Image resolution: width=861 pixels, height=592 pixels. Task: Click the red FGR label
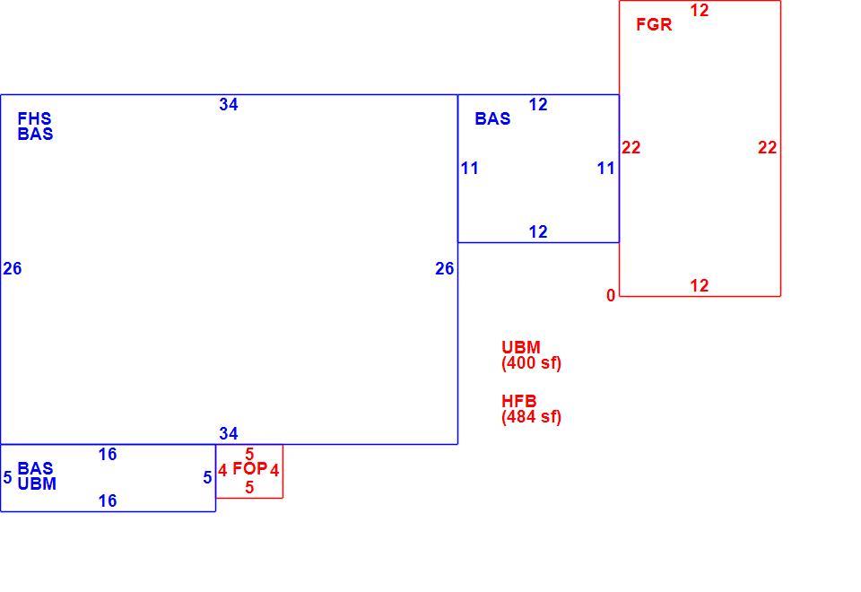coord(654,24)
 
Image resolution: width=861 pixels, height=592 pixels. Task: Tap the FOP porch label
coord(250,468)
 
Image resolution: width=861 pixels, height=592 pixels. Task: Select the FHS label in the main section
coord(35,118)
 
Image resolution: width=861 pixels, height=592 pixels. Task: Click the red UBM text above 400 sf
coord(520,347)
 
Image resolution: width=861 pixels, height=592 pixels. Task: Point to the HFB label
coord(519,401)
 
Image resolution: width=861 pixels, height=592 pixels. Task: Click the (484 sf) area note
coord(531,417)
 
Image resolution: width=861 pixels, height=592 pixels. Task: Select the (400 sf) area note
coord(531,363)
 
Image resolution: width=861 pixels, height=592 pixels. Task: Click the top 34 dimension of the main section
coord(229,104)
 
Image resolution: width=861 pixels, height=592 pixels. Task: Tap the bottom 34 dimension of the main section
coord(229,434)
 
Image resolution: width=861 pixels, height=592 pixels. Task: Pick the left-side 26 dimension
coord(12,268)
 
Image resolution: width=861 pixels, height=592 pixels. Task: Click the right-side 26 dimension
coord(445,268)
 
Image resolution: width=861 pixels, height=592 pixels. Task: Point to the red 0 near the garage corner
coord(611,295)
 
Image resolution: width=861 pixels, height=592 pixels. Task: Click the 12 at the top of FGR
coord(700,11)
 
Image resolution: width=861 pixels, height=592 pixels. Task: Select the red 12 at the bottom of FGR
coord(700,285)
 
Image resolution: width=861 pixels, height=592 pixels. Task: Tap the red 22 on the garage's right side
coord(767,147)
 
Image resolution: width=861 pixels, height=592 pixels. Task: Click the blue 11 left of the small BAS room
coord(469,168)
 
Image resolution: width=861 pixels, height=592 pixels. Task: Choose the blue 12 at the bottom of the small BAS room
coord(538,231)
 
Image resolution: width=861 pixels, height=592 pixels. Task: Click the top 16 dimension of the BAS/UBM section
coord(108,454)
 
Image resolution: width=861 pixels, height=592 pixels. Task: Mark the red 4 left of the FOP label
coord(222,471)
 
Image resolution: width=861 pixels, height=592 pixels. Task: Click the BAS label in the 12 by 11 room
coord(492,118)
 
